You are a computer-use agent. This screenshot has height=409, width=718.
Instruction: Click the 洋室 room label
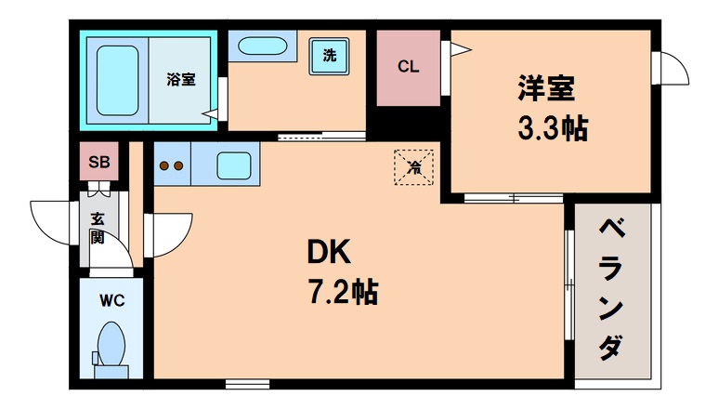click(x=547, y=89)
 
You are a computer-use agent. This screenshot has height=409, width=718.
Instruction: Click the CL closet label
click(x=409, y=66)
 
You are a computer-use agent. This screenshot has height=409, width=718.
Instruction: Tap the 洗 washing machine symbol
click(x=329, y=55)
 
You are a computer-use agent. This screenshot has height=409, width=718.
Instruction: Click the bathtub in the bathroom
click(x=118, y=78)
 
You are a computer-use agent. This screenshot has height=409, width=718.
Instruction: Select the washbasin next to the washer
click(x=262, y=46)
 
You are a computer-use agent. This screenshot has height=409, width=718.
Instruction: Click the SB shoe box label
click(x=98, y=162)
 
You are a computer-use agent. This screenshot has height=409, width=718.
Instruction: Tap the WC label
click(x=112, y=299)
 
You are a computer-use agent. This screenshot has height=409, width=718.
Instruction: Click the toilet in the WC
click(x=111, y=346)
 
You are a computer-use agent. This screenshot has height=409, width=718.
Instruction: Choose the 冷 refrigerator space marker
click(x=414, y=168)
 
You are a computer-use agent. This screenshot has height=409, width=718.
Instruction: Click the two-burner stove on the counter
click(x=171, y=167)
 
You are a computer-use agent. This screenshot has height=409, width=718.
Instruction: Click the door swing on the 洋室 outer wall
click(x=672, y=71)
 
